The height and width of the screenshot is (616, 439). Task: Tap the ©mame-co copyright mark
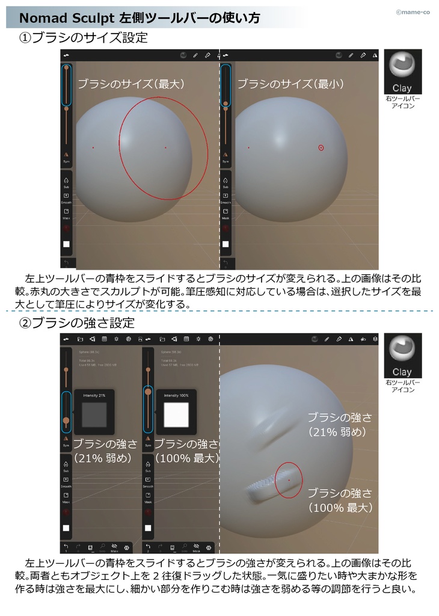[413, 11]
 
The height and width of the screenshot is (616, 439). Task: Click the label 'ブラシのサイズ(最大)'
[131, 84]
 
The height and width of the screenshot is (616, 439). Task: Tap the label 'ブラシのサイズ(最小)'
[290, 84]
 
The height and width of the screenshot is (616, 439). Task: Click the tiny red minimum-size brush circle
[321, 147]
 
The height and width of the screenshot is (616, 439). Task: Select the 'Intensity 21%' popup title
[94, 395]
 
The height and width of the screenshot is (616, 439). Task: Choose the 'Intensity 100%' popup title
[176, 395]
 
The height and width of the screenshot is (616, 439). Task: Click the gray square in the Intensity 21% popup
[94, 415]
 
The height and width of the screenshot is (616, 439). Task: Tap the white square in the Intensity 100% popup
[176, 415]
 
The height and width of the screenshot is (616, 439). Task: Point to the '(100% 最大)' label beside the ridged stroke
[340, 508]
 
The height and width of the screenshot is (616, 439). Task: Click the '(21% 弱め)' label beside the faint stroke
[337, 431]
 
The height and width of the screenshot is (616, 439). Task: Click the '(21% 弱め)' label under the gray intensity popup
[102, 458]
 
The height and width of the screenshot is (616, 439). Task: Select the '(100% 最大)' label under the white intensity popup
[185, 458]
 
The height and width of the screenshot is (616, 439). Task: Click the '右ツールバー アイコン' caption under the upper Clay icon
[402, 102]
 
